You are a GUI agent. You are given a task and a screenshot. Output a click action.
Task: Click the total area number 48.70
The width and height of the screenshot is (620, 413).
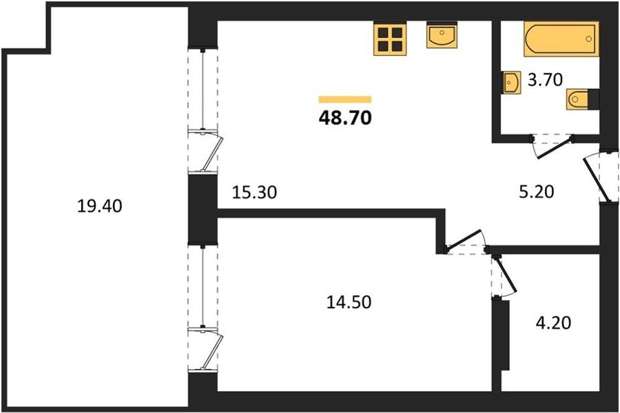pyautogui.click(x=345, y=117)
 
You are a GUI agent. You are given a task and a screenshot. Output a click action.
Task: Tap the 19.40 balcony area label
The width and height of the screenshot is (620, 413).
pyautogui.click(x=100, y=206)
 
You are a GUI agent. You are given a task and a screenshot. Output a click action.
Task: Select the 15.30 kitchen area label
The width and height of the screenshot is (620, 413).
pyautogui.click(x=254, y=192)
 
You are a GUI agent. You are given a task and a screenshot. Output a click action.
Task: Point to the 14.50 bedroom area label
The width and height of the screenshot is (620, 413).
pyautogui.click(x=349, y=302)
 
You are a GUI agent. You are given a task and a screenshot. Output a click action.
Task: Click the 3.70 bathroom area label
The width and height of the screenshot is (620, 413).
pyautogui.click(x=546, y=80)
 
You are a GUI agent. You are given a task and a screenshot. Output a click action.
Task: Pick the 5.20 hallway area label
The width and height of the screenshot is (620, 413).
pyautogui.click(x=536, y=192)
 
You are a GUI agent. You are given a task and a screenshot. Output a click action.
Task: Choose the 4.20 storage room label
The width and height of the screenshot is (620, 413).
pyautogui.click(x=553, y=323)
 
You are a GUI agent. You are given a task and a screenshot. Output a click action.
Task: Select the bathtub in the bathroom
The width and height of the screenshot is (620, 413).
pyautogui.click(x=561, y=39)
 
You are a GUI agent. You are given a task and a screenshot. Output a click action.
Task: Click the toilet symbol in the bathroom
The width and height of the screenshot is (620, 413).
pyautogui.click(x=582, y=99)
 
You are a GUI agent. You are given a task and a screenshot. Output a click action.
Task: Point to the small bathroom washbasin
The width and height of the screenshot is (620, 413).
pyautogui.click(x=511, y=83)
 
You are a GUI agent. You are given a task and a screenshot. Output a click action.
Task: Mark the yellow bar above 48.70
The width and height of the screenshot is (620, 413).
pyautogui.click(x=345, y=99)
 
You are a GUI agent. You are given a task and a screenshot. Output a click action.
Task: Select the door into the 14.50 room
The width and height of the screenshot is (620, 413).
pyautogui.click(x=464, y=241)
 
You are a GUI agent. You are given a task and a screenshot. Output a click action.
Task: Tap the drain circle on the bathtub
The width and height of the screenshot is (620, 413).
pyautogui.click(x=589, y=39)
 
